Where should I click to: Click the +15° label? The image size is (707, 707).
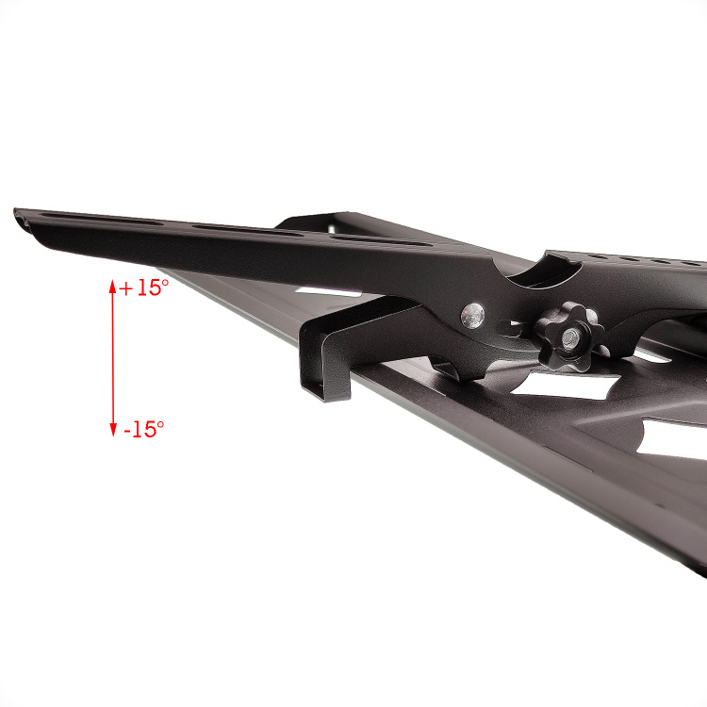click(x=144, y=288)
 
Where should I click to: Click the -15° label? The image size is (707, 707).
click(x=144, y=428)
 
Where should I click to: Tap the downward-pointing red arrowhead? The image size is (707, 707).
click(x=113, y=430)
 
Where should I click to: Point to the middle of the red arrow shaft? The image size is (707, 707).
click(x=113, y=358)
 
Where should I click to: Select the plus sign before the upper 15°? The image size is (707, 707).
click(x=125, y=289)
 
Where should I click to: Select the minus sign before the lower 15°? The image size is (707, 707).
click(x=127, y=431)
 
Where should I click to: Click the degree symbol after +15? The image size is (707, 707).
click(x=165, y=283)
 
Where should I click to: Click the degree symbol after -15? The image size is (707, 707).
click(x=160, y=424)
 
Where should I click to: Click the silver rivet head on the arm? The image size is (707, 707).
click(x=472, y=316)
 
